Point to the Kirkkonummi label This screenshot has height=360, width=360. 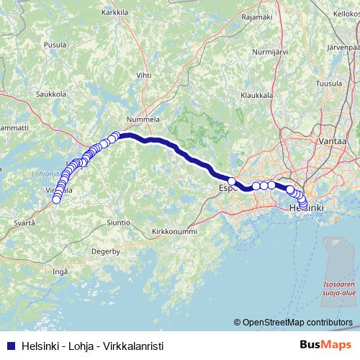point(176,232)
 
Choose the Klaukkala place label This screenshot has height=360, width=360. point(256,94)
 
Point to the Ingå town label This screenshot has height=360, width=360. point(60,271)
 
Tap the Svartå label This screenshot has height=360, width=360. point(23,224)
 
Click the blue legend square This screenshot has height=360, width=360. point(9,345)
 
